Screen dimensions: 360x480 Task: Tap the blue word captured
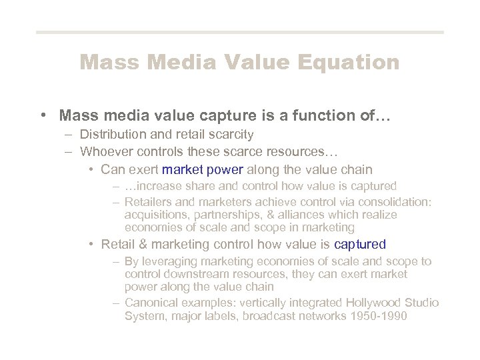tap(360, 244)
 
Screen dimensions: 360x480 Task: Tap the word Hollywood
tap(361, 303)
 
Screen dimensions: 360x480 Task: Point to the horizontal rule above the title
tap(239, 32)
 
